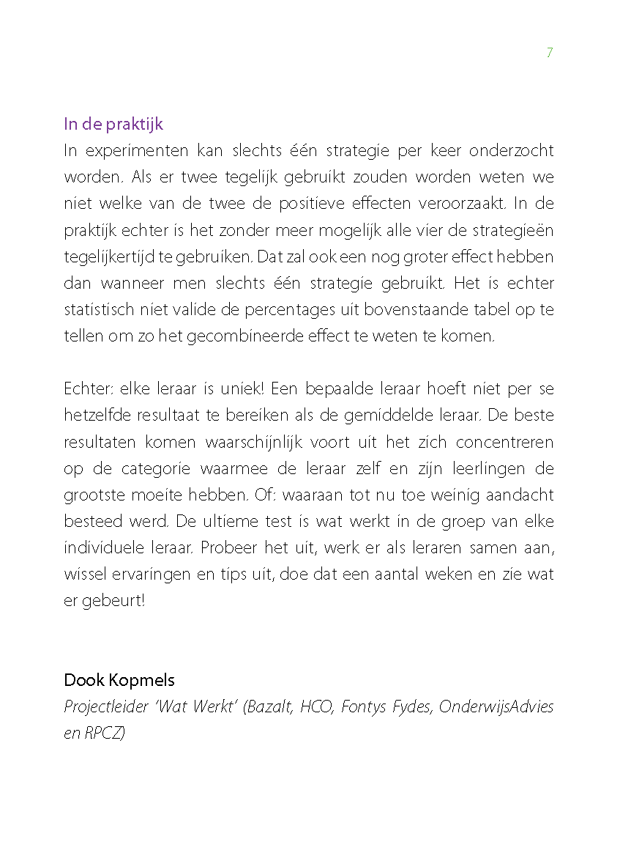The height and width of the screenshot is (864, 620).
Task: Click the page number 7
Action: pyautogui.click(x=550, y=53)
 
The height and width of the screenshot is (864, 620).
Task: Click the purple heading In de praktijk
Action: pyautogui.click(x=113, y=124)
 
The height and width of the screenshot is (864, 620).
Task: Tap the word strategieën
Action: pyautogui.click(x=514, y=230)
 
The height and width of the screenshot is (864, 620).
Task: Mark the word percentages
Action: pyautogui.click(x=290, y=310)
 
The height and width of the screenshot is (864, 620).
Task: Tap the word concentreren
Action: pyautogui.click(x=505, y=442)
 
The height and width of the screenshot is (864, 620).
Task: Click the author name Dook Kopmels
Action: pyautogui.click(x=119, y=680)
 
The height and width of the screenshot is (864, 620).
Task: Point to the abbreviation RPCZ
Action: pyautogui.click(x=102, y=734)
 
